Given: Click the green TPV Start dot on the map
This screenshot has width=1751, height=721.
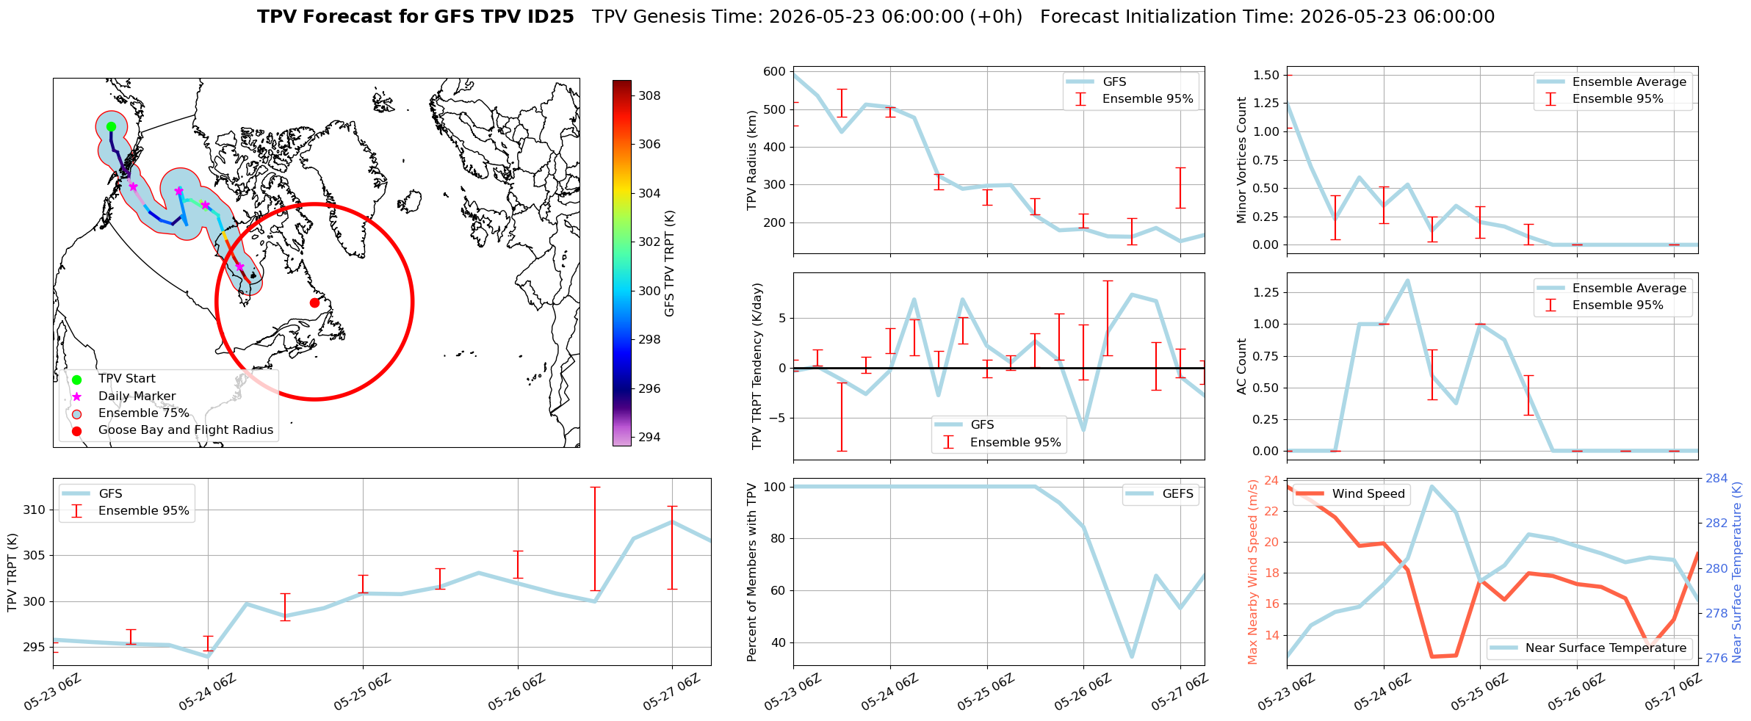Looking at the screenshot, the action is pyautogui.click(x=111, y=126).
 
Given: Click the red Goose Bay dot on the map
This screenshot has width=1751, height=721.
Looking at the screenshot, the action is pyautogui.click(x=314, y=302).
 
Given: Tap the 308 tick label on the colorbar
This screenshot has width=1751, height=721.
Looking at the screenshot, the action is pyautogui.click(x=649, y=95).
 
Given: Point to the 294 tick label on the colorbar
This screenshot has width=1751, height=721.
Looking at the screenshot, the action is pyautogui.click(x=649, y=437).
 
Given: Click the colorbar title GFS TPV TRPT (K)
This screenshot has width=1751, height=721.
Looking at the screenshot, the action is pyautogui.click(x=669, y=264).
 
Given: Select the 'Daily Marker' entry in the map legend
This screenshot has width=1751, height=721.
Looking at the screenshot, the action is pyautogui.click(x=137, y=396).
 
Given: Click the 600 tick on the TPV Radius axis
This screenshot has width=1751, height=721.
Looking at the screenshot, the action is pyautogui.click(x=774, y=72).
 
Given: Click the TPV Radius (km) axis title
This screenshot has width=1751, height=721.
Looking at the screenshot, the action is pyautogui.click(x=752, y=160).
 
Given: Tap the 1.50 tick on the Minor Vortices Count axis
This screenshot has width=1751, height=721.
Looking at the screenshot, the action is pyautogui.click(x=1266, y=75).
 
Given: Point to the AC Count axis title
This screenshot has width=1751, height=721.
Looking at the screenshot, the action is pyautogui.click(x=1242, y=366).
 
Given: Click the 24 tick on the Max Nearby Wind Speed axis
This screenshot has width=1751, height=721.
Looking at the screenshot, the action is pyautogui.click(x=1271, y=481).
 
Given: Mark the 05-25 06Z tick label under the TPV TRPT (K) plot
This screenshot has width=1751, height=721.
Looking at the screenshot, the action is pyautogui.click(x=361, y=693).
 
